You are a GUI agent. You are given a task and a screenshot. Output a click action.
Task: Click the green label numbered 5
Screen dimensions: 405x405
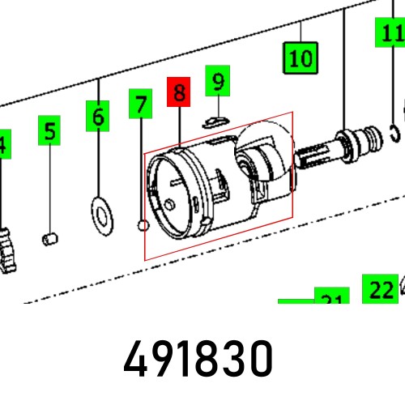(50, 130)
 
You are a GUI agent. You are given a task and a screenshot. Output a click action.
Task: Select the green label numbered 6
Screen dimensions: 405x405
(98, 117)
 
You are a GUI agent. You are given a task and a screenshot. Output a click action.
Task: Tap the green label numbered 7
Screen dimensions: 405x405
(141, 104)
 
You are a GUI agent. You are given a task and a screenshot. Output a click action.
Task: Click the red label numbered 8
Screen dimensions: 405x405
(178, 92)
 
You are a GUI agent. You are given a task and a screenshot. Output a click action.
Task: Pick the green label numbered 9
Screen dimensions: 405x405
(217, 80)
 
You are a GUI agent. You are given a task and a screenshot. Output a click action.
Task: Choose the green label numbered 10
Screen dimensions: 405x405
(300, 58)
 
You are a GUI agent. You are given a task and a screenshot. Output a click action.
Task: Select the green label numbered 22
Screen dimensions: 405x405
(381, 288)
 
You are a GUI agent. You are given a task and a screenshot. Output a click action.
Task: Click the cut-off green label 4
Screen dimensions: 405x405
(3, 146)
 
